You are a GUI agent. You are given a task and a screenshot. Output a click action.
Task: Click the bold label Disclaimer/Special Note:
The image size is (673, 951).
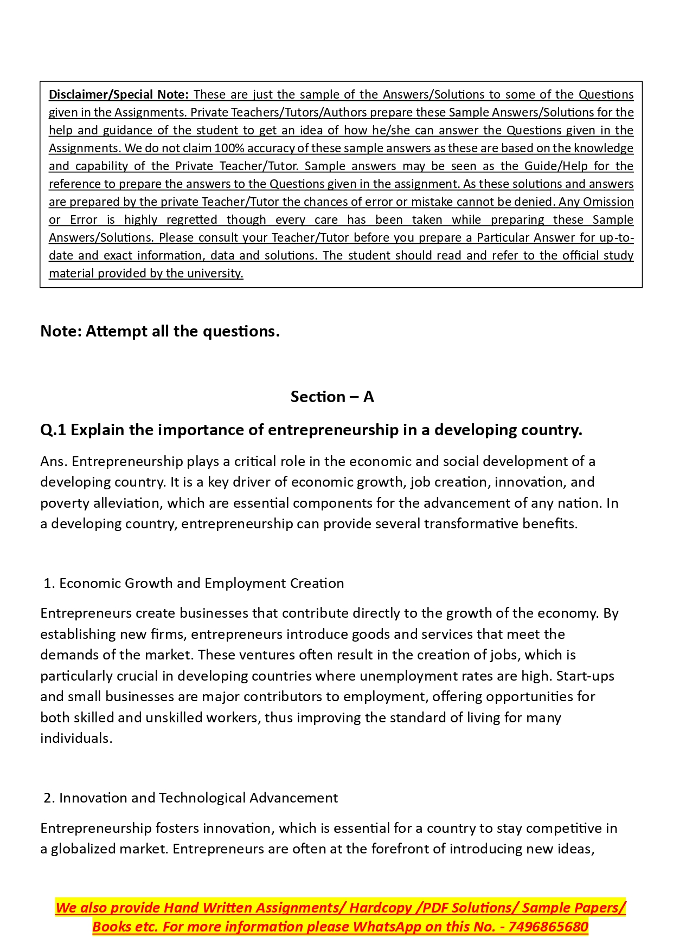click(118, 95)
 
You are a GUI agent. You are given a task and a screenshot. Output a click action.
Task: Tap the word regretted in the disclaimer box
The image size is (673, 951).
click(191, 220)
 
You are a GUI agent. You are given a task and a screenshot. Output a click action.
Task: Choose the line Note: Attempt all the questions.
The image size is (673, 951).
click(160, 331)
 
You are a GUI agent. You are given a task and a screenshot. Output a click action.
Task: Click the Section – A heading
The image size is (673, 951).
click(332, 397)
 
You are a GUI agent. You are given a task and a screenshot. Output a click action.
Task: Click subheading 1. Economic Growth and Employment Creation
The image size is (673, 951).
click(194, 584)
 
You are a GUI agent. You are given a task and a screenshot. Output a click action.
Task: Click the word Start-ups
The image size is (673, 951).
click(585, 676)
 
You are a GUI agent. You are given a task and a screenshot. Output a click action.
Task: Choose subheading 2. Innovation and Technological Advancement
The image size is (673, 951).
click(190, 798)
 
